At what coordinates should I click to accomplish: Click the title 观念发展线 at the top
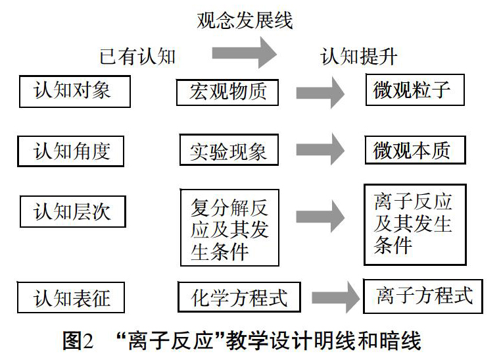[x=245, y=20]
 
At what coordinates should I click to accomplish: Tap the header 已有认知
[x=137, y=57]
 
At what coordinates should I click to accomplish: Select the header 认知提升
[x=358, y=57]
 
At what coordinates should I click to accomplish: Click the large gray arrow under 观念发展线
[x=245, y=53]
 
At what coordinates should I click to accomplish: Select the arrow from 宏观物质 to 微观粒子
[x=320, y=93]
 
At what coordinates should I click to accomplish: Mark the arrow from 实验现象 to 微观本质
[x=320, y=149]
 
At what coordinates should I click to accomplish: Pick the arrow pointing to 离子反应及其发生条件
[x=320, y=217]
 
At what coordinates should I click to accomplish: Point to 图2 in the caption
[x=78, y=340]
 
